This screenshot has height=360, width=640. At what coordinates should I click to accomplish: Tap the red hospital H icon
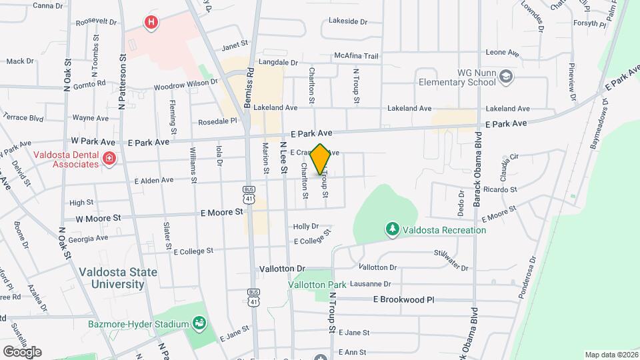click(152, 23)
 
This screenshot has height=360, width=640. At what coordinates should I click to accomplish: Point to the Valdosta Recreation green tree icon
click(393, 229)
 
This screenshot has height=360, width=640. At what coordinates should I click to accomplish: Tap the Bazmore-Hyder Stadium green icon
click(199, 324)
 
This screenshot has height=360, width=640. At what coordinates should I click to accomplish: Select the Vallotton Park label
click(317, 285)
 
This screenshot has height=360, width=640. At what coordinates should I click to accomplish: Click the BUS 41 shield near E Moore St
click(249, 194)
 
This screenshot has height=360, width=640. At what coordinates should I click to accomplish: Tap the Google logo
click(22, 351)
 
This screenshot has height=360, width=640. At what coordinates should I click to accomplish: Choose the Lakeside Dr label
click(348, 21)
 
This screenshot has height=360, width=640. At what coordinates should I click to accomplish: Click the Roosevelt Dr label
click(91, 22)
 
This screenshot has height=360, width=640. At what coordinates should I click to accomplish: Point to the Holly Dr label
click(306, 227)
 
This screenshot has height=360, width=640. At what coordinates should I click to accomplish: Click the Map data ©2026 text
click(610, 355)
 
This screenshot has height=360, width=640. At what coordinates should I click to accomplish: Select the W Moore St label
click(98, 218)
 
